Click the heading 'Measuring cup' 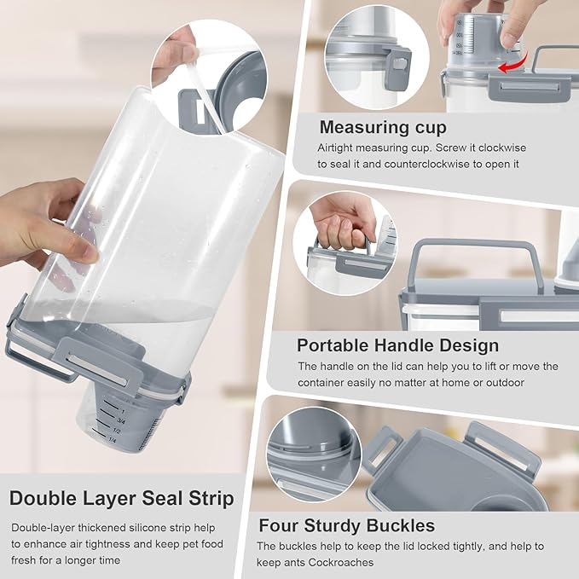[383, 127]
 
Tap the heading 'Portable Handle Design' [397, 345]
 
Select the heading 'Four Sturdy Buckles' [347, 525]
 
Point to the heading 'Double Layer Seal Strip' [122, 498]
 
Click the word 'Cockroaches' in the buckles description [341, 563]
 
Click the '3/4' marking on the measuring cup [121, 420]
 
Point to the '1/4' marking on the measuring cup [113, 440]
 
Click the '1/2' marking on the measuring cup [117, 431]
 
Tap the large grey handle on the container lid [475, 255]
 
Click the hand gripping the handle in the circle [342, 221]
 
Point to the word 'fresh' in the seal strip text [23, 560]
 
